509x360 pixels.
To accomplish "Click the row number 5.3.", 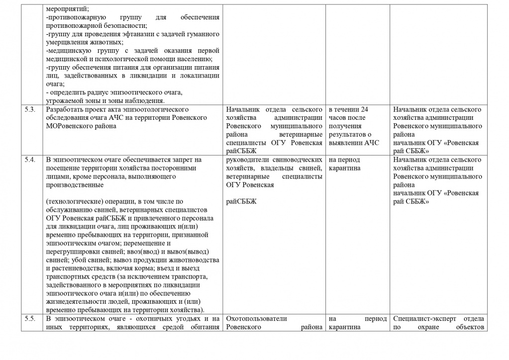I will point(29,109).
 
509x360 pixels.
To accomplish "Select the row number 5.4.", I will point(29,160).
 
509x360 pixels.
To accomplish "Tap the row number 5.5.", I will point(29,318).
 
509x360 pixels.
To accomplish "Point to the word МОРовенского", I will point(69,126).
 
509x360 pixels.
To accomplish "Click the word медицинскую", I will point(69,51).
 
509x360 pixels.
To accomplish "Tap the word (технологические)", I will point(74,201).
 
